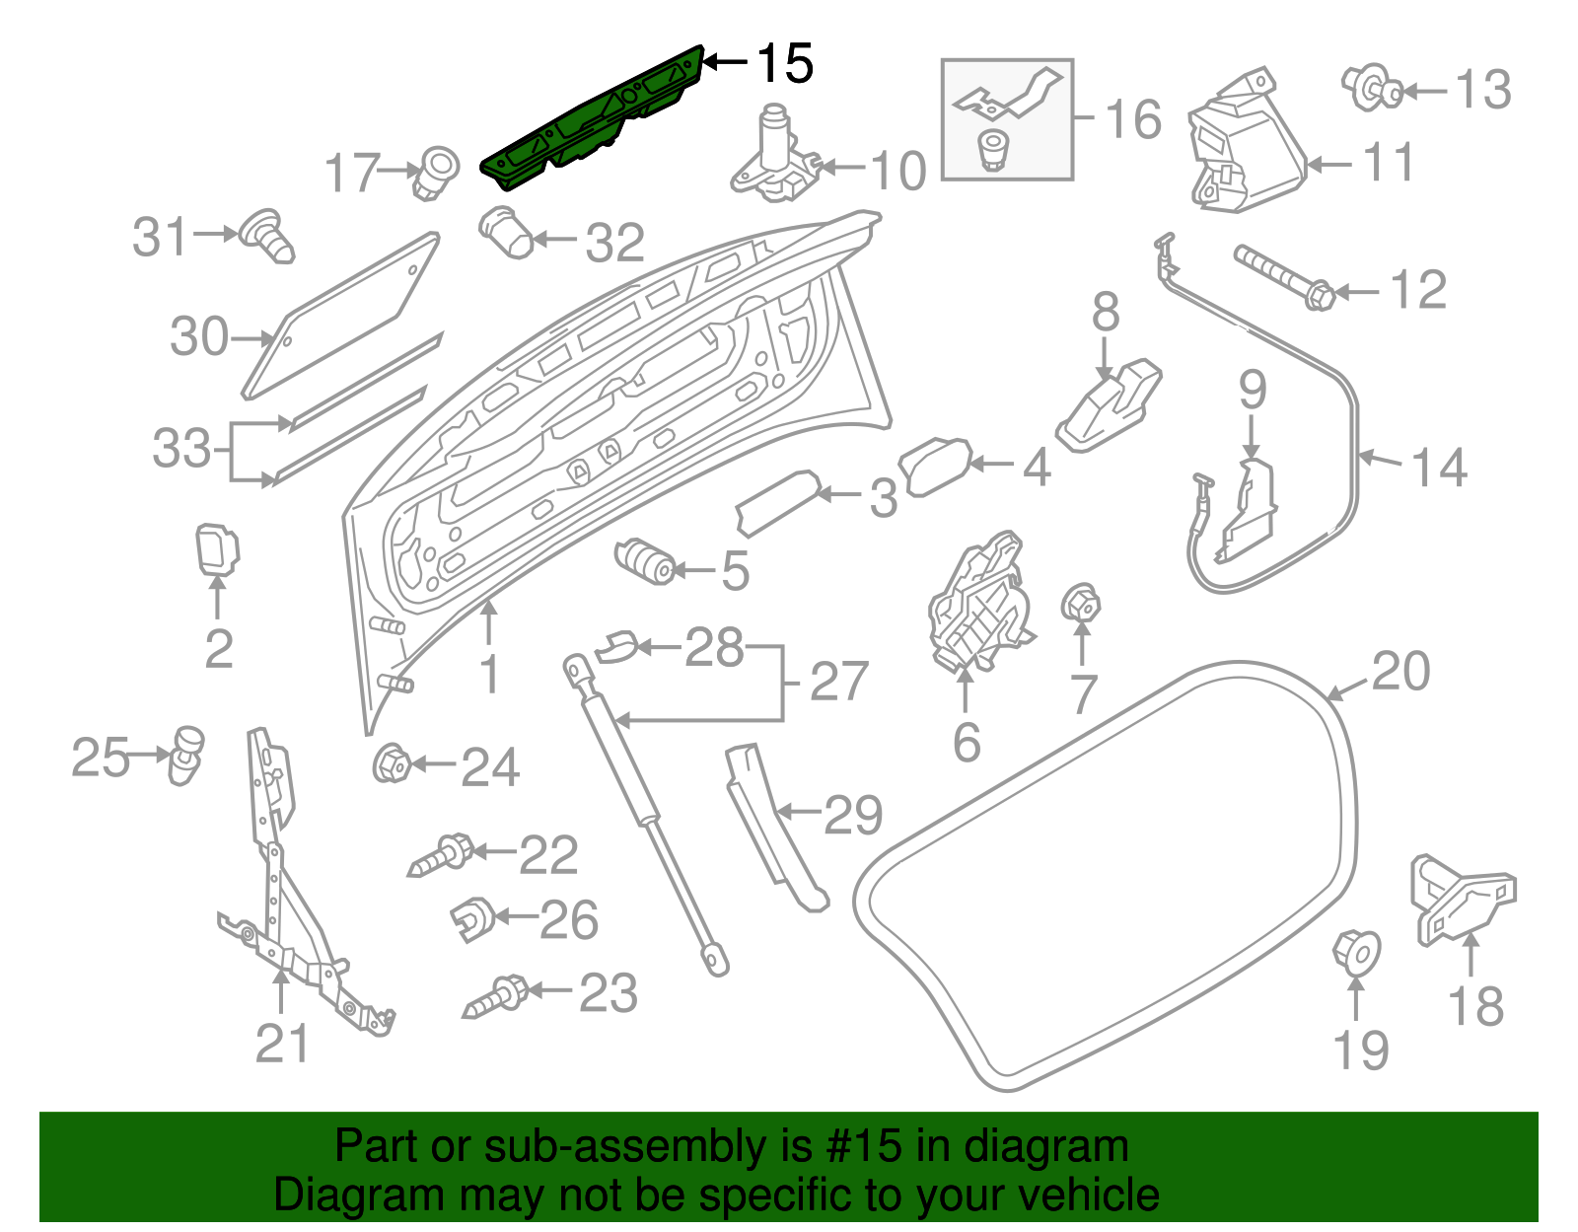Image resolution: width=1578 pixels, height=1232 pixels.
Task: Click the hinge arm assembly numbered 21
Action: pos(286,888)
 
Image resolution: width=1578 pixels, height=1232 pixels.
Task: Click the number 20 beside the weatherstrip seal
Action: pos(1399,672)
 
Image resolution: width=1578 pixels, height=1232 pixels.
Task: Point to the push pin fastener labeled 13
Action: pos(1372,88)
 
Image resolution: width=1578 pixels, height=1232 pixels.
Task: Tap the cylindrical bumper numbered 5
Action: pos(644,560)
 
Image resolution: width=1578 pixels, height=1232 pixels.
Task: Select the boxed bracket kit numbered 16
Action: pos(1007,119)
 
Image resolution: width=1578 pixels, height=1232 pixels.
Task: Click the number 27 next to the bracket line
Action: pos(838,682)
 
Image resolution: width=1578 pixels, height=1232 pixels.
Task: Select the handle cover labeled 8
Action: pos(1110,405)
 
